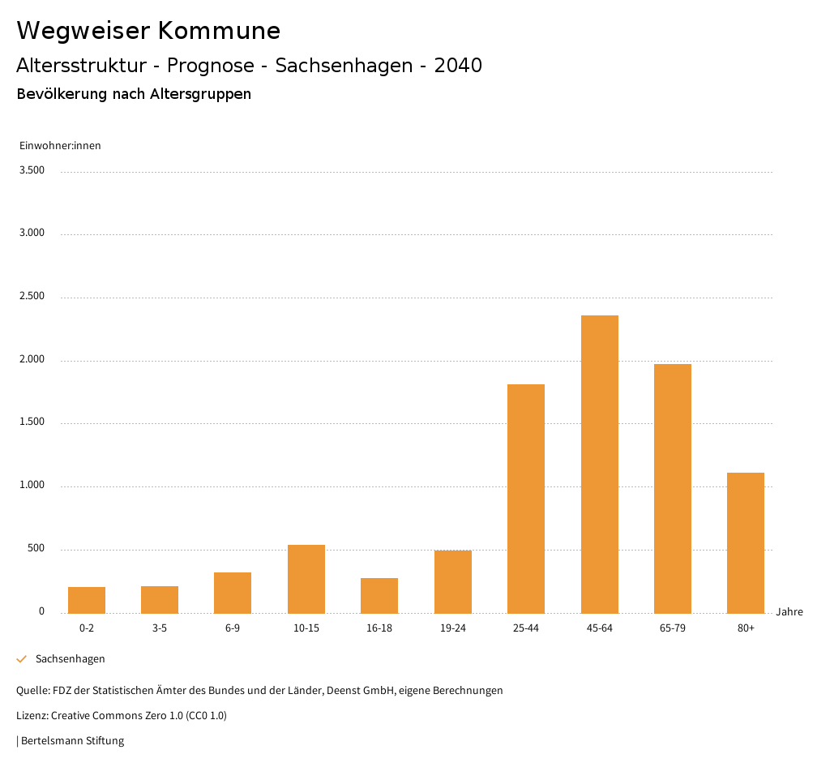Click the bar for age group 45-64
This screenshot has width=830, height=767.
[x=599, y=464]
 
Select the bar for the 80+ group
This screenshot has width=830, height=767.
[x=746, y=542]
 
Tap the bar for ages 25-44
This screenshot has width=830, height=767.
[x=526, y=499]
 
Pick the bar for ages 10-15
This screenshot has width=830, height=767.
[x=306, y=579]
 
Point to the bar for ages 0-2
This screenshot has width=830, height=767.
[x=87, y=600]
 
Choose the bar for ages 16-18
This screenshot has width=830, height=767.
[x=379, y=595]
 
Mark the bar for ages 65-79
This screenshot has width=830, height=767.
[x=673, y=488]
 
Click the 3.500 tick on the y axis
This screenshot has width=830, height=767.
[x=32, y=170]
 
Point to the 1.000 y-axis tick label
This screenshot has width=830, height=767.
[x=32, y=486]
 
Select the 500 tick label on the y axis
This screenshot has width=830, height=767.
[x=36, y=549]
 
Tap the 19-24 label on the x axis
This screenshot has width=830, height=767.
[x=452, y=628]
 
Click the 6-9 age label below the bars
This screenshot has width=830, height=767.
[x=233, y=628]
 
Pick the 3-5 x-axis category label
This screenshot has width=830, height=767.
[x=160, y=628]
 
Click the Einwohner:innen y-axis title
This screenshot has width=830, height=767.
[x=60, y=146]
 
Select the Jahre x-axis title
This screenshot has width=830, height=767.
[x=789, y=612]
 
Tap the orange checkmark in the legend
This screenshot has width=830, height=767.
[x=22, y=659]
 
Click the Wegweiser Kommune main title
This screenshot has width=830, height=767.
[x=148, y=31]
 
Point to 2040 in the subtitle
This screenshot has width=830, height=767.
[x=458, y=66]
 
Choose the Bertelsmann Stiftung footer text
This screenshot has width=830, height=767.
[x=72, y=741]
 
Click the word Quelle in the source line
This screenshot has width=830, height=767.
[x=32, y=691]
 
